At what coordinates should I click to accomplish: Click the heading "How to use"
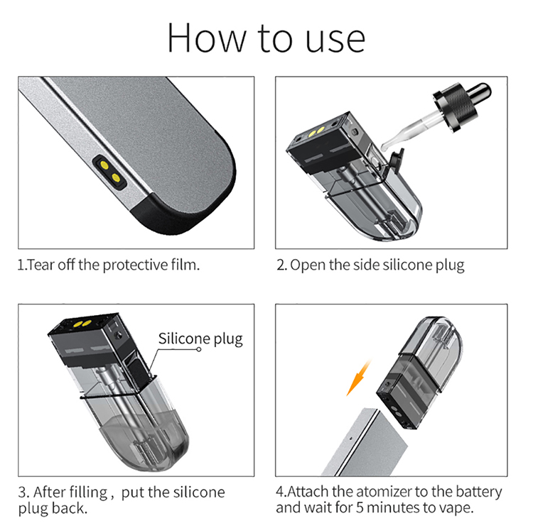point(266,38)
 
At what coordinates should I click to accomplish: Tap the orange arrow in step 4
point(358,378)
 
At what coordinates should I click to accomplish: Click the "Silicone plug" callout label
point(200,339)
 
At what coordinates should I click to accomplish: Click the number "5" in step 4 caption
point(360,508)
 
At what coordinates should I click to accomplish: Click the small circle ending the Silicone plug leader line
point(199,349)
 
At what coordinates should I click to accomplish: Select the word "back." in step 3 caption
point(70,508)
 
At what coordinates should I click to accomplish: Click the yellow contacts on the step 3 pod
point(82,324)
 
